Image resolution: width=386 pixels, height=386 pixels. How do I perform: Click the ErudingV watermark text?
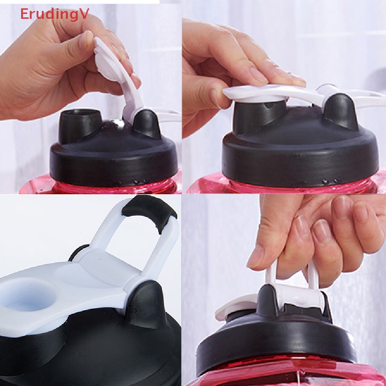(54, 14)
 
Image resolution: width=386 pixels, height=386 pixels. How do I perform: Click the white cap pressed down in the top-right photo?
(264, 92)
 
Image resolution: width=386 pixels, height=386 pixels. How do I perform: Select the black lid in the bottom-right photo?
(275, 339)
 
